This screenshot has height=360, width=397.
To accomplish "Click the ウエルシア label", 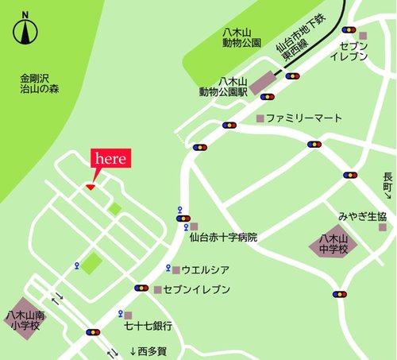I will pyautogui.click(x=207, y=269).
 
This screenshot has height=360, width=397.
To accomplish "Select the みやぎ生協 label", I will pyautogui.click(x=362, y=217).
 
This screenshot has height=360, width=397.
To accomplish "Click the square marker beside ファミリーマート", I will pyautogui.click(x=259, y=118).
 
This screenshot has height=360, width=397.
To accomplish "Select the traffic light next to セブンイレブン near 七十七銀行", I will pyautogui.click(x=142, y=288).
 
